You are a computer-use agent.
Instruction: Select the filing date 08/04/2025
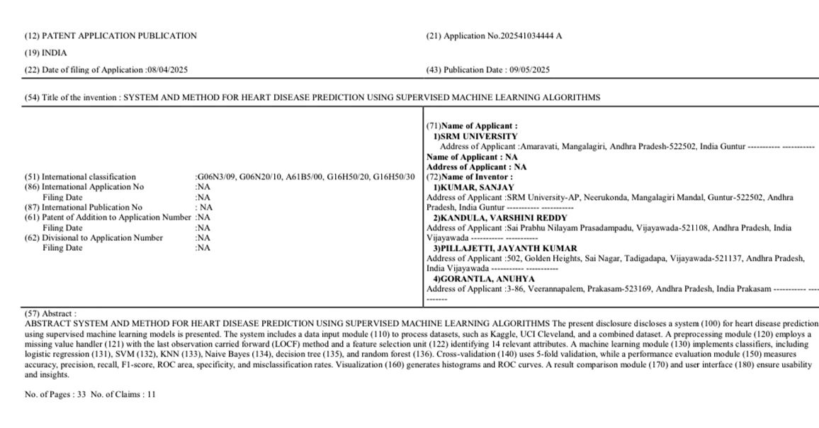click(168, 69)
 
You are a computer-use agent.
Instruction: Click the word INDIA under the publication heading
click(55, 52)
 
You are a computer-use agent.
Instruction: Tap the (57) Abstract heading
click(50, 313)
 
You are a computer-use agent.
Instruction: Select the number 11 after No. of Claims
click(151, 394)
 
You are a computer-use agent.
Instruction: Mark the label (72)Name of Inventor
click(468, 176)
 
